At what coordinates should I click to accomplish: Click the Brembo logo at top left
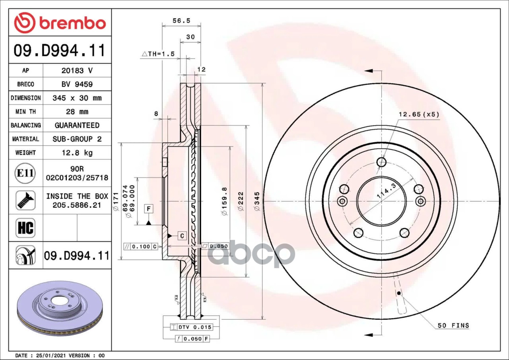coord(60,23)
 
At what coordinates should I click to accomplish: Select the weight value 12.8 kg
coord(76,153)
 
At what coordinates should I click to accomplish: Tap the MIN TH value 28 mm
coord(76,112)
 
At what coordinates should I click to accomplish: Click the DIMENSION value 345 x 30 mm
coord(76,98)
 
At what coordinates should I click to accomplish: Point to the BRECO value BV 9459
coord(76,84)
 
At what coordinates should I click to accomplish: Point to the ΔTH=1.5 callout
coord(158,54)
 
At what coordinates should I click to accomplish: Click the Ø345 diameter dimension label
coord(257,201)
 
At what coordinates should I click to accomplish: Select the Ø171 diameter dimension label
coord(116,201)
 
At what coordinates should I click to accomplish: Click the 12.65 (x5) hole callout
coord(418,114)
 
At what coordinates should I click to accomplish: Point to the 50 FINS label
coord(453,325)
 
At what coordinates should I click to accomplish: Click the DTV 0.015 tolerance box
coord(191,327)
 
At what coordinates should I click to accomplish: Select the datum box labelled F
coord(148,209)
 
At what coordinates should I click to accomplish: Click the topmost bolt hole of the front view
coord(381,162)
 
